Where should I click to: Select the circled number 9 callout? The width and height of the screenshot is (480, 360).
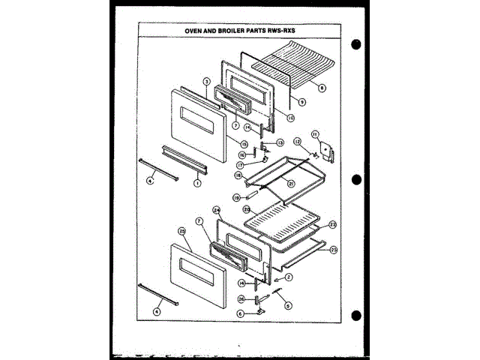pyautogui.click(x=301, y=101)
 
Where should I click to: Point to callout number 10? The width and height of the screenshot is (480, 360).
pyautogui.click(x=291, y=118)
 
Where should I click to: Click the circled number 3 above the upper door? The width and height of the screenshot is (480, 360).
pyautogui.click(x=206, y=81)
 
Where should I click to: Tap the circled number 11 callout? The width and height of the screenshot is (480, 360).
pyautogui.click(x=316, y=135)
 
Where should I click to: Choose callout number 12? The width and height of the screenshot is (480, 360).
pyautogui.click(x=297, y=140)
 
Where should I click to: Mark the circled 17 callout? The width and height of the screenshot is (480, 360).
pyautogui.click(x=240, y=165)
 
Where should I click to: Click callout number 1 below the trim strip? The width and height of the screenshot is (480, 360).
pyautogui.click(x=197, y=182)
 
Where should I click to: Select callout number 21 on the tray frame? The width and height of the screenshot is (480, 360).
pyautogui.click(x=291, y=183)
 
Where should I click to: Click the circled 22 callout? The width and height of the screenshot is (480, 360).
pyautogui.click(x=332, y=224)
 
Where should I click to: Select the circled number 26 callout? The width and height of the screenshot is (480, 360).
pyautogui.click(x=241, y=298)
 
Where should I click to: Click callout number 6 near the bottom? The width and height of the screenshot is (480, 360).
pyautogui.click(x=241, y=313)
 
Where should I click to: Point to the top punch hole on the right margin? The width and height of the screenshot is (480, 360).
pyautogui.click(x=355, y=43)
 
